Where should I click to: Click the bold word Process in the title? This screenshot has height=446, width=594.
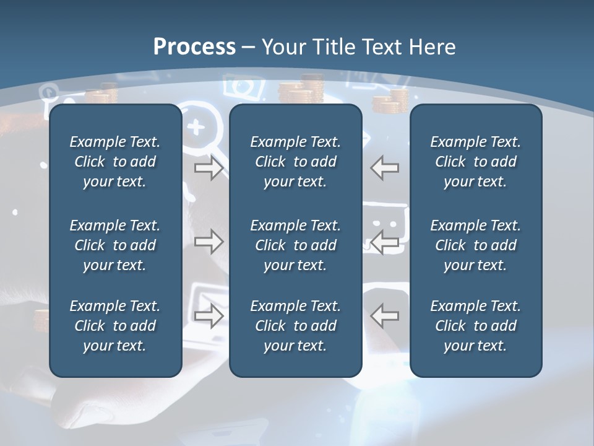coord(194,47)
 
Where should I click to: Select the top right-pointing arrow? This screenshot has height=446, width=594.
coord(209,168)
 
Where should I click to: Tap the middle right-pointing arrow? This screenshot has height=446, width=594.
coord(209,242)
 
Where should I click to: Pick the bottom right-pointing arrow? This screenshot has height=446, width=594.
coord(209,316)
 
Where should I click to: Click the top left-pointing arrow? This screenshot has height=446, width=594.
coord(384,168)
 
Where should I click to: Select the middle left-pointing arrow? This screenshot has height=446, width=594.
coord(384,242)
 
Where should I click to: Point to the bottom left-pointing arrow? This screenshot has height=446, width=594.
coord(384,316)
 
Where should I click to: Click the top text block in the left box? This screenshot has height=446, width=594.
coord(115,162)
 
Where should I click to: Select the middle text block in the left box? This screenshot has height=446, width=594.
coord(115,245)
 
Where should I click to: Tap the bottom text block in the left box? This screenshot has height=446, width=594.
coord(115,326)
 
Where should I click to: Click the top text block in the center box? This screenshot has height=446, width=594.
coord(295,162)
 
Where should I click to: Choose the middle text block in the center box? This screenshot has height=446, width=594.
coord(295,245)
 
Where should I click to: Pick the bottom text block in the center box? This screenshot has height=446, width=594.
coord(295,326)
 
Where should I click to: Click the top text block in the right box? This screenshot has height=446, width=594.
coord(475,162)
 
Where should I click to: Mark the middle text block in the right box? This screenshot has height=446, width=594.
coord(475,245)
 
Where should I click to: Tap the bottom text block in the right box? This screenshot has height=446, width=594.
coord(475,326)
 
